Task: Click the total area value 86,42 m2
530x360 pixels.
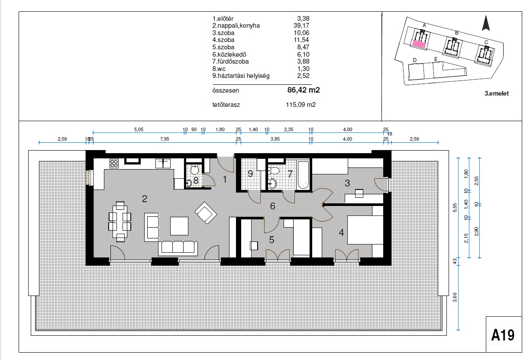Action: tap(304, 90)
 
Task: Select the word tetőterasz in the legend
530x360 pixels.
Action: tap(226, 105)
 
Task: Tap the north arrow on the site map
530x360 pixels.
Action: tap(486, 23)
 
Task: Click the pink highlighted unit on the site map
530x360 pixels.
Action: tap(419, 44)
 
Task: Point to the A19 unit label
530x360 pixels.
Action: tap(503, 335)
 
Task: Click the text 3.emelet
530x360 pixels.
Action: tap(497, 93)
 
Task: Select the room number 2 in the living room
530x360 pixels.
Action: tap(145, 199)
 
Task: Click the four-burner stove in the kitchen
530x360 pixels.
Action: tap(114, 163)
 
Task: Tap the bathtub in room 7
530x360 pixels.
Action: tap(303, 175)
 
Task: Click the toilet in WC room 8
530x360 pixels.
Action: tap(194, 169)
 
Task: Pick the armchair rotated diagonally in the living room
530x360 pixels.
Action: tap(206, 213)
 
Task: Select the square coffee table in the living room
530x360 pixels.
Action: tap(179, 226)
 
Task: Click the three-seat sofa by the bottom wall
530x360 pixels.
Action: tap(178, 248)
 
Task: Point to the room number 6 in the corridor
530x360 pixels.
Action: tap(272, 206)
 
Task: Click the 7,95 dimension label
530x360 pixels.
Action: tap(165, 139)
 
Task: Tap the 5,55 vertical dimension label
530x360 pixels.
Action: tap(455, 208)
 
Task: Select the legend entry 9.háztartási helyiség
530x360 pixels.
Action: tap(241, 76)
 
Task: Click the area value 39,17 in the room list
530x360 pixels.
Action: tap(301, 26)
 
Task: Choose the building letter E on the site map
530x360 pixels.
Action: tap(436, 59)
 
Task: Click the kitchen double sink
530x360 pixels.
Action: tap(163, 163)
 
